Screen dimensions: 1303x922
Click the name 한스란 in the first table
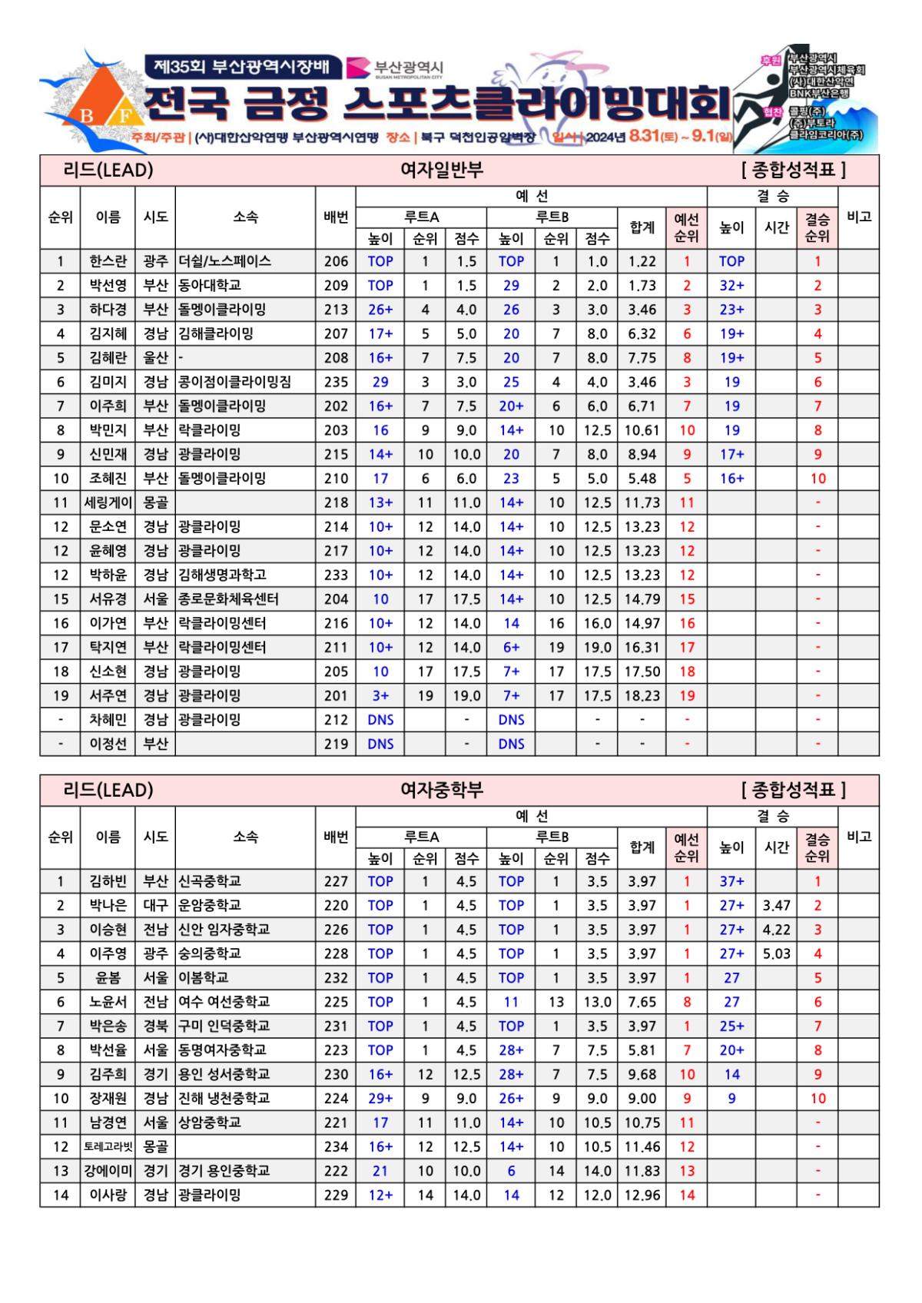pyautogui.click(x=108, y=261)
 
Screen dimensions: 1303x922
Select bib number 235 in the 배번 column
pyautogui.click(x=336, y=382)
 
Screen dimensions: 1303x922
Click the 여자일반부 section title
pyautogui.click(x=442, y=170)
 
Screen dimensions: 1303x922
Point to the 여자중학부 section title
pyautogui.click(x=442, y=790)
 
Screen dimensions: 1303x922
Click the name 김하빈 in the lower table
pyautogui.click(x=108, y=881)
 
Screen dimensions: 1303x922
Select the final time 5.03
pyautogui.click(x=776, y=953)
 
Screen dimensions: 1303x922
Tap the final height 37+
pyautogui.click(x=731, y=881)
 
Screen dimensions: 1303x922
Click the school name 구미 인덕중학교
pyautogui.click(x=224, y=1026)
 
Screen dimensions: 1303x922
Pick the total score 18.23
pyautogui.click(x=642, y=695)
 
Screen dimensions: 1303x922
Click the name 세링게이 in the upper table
pyautogui.click(x=108, y=502)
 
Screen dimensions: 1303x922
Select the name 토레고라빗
pyautogui.click(x=108, y=1146)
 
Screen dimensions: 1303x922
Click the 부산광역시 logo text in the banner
pyautogui.click(x=408, y=68)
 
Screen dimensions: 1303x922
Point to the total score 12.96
pyautogui.click(x=642, y=1195)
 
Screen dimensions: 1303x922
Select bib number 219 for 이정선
pyautogui.click(x=336, y=744)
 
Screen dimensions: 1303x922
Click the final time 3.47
pyautogui.click(x=776, y=905)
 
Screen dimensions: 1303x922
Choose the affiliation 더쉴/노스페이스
pyautogui.click(x=224, y=261)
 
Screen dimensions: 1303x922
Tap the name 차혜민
pyautogui.click(x=108, y=720)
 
